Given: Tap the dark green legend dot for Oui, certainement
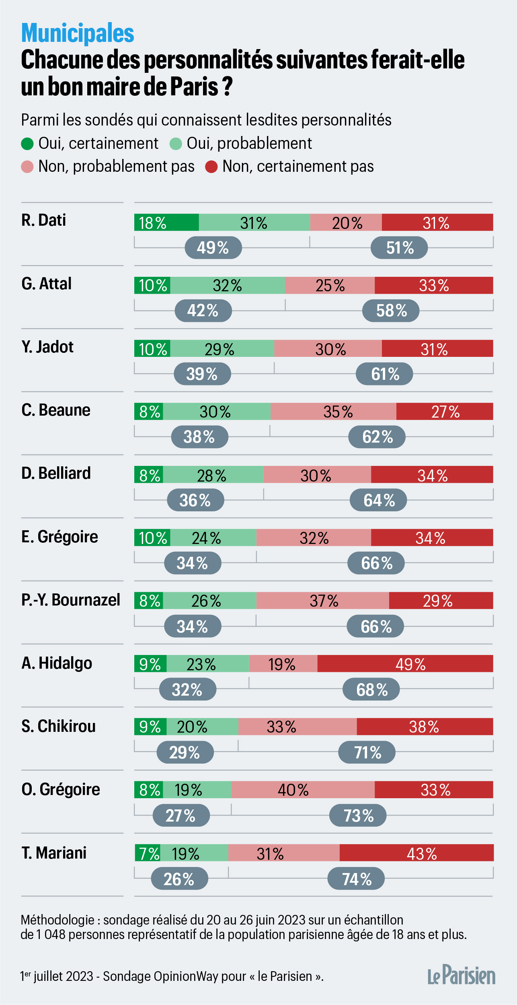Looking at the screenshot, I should tap(27, 144).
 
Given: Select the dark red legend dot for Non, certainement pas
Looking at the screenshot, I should tap(211, 167).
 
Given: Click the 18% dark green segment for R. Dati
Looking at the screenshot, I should tap(166, 222).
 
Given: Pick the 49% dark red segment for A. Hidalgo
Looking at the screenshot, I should tap(405, 664).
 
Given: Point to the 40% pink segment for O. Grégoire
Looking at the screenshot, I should tap(303, 790).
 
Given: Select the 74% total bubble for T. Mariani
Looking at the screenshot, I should tap(356, 879).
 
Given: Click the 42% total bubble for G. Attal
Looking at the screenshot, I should tap(203, 311).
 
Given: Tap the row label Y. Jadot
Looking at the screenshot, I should tap(47, 347).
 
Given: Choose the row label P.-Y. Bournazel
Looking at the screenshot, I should tap(71, 600).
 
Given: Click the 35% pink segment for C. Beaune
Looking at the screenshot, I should tap(333, 412).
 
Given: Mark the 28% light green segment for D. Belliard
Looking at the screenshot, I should tap(213, 475).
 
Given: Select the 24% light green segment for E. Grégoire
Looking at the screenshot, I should tap(213, 538).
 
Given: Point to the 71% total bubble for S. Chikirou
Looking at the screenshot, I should tap(367, 752).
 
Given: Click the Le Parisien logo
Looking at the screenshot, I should tap(461, 975).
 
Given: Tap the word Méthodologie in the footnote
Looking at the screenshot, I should tap(57, 920).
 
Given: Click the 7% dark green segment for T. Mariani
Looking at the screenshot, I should tap(147, 853).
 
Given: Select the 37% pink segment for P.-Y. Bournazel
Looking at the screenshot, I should tap(322, 601).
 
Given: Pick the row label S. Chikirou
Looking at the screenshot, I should tap(58, 726).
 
